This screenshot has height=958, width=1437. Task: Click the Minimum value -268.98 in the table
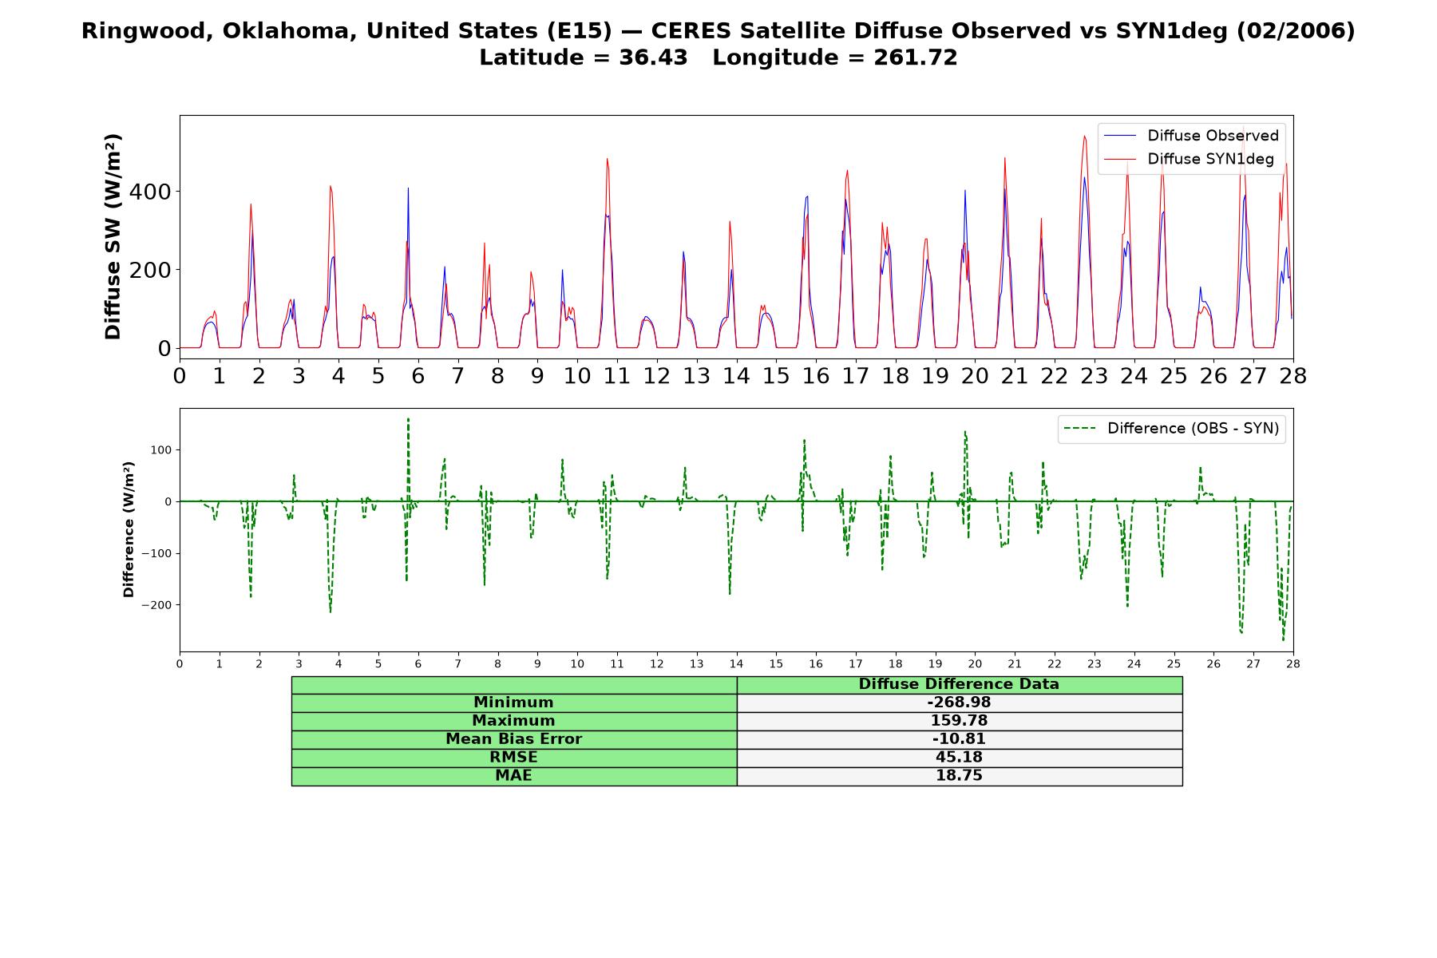click(x=959, y=703)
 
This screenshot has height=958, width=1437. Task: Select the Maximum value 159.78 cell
click(x=959, y=721)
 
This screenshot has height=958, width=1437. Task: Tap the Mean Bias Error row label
click(x=513, y=739)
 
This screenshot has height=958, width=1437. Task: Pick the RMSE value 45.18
click(x=959, y=758)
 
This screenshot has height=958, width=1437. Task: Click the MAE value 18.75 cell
click(x=959, y=776)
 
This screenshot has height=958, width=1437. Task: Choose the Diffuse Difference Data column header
click(x=959, y=684)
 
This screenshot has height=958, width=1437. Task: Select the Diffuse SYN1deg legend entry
click(x=1189, y=159)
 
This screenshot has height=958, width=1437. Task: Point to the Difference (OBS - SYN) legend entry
click(x=1171, y=429)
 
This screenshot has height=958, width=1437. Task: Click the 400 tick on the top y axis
click(x=153, y=192)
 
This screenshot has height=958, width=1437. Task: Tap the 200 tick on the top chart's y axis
click(x=153, y=270)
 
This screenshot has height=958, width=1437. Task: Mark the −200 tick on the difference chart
click(x=157, y=605)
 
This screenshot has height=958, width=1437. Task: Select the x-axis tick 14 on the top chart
click(x=736, y=376)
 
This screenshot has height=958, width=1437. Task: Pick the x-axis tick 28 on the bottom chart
click(x=1293, y=663)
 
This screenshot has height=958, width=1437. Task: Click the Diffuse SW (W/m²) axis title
click(x=113, y=237)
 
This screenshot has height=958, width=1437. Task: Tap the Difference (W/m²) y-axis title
click(x=129, y=530)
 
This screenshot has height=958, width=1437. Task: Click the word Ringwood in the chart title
click(x=141, y=31)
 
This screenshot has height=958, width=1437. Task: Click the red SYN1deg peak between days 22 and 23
click(x=1084, y=136)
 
